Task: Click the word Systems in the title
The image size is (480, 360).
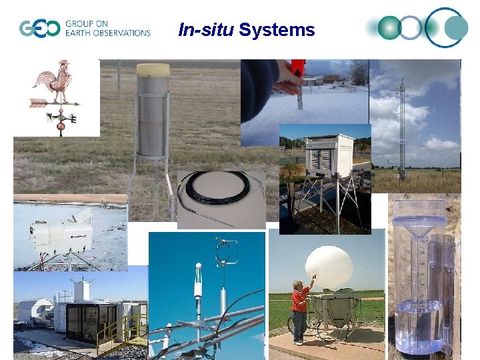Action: click(277, 30)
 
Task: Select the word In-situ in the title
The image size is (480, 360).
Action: click(206, 30)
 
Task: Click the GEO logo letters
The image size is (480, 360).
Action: click(39, 29)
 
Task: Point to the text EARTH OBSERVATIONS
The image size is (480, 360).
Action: click(107, 33)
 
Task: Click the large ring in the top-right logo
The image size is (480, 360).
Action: click(447, 27)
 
